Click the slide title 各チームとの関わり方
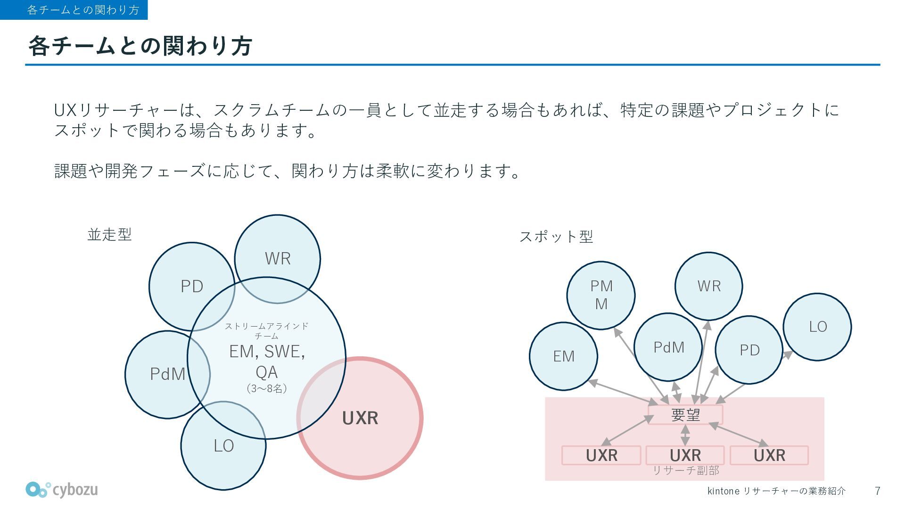point(140,46)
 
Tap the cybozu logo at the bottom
point(62,490)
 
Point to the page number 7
point(877,491)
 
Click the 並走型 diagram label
point(109,234)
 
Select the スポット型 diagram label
point(556,236)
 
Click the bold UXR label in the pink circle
point(360,418)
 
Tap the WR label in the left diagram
point(278,258)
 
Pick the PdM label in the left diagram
point(167,374)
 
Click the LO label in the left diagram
point(223,446)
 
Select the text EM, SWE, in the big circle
point(267,352)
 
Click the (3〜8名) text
point(266,388)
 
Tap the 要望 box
point(685,415)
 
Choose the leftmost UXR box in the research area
point(601,455)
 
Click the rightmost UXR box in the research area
point(769,455)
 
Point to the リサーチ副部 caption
point(685,470)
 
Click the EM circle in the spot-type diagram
point(563,356)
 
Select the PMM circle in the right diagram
point(601,295)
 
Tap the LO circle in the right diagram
point(817,327)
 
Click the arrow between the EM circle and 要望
point(623,392)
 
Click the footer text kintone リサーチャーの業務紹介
point(776,491)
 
